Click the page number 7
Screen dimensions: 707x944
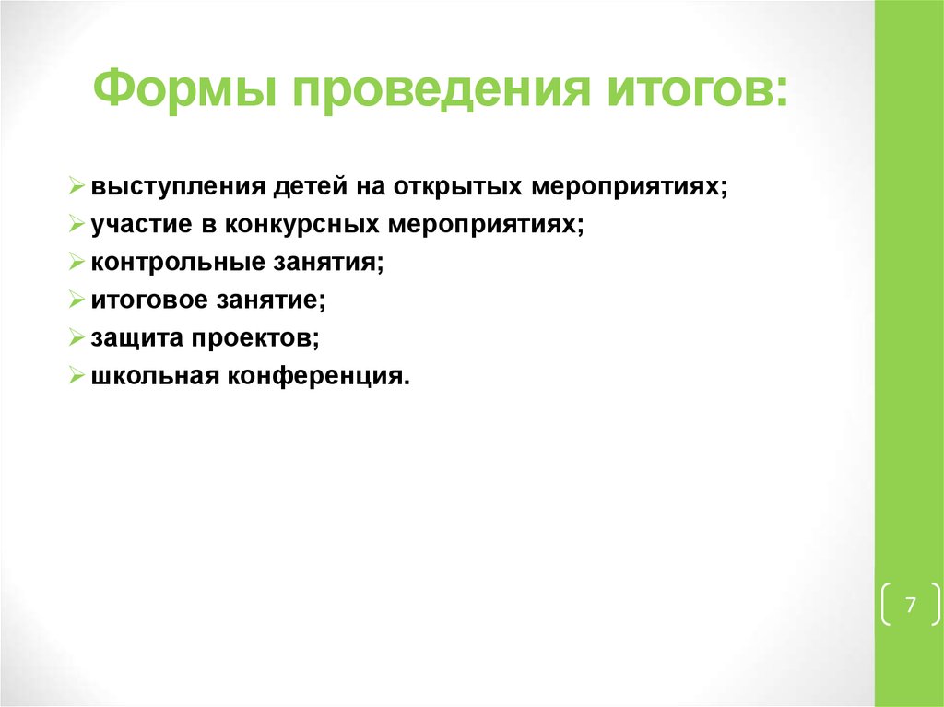[x=911, y=606]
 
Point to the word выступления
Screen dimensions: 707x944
[x=175, y=187]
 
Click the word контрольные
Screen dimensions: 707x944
[x=165, y=263]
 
